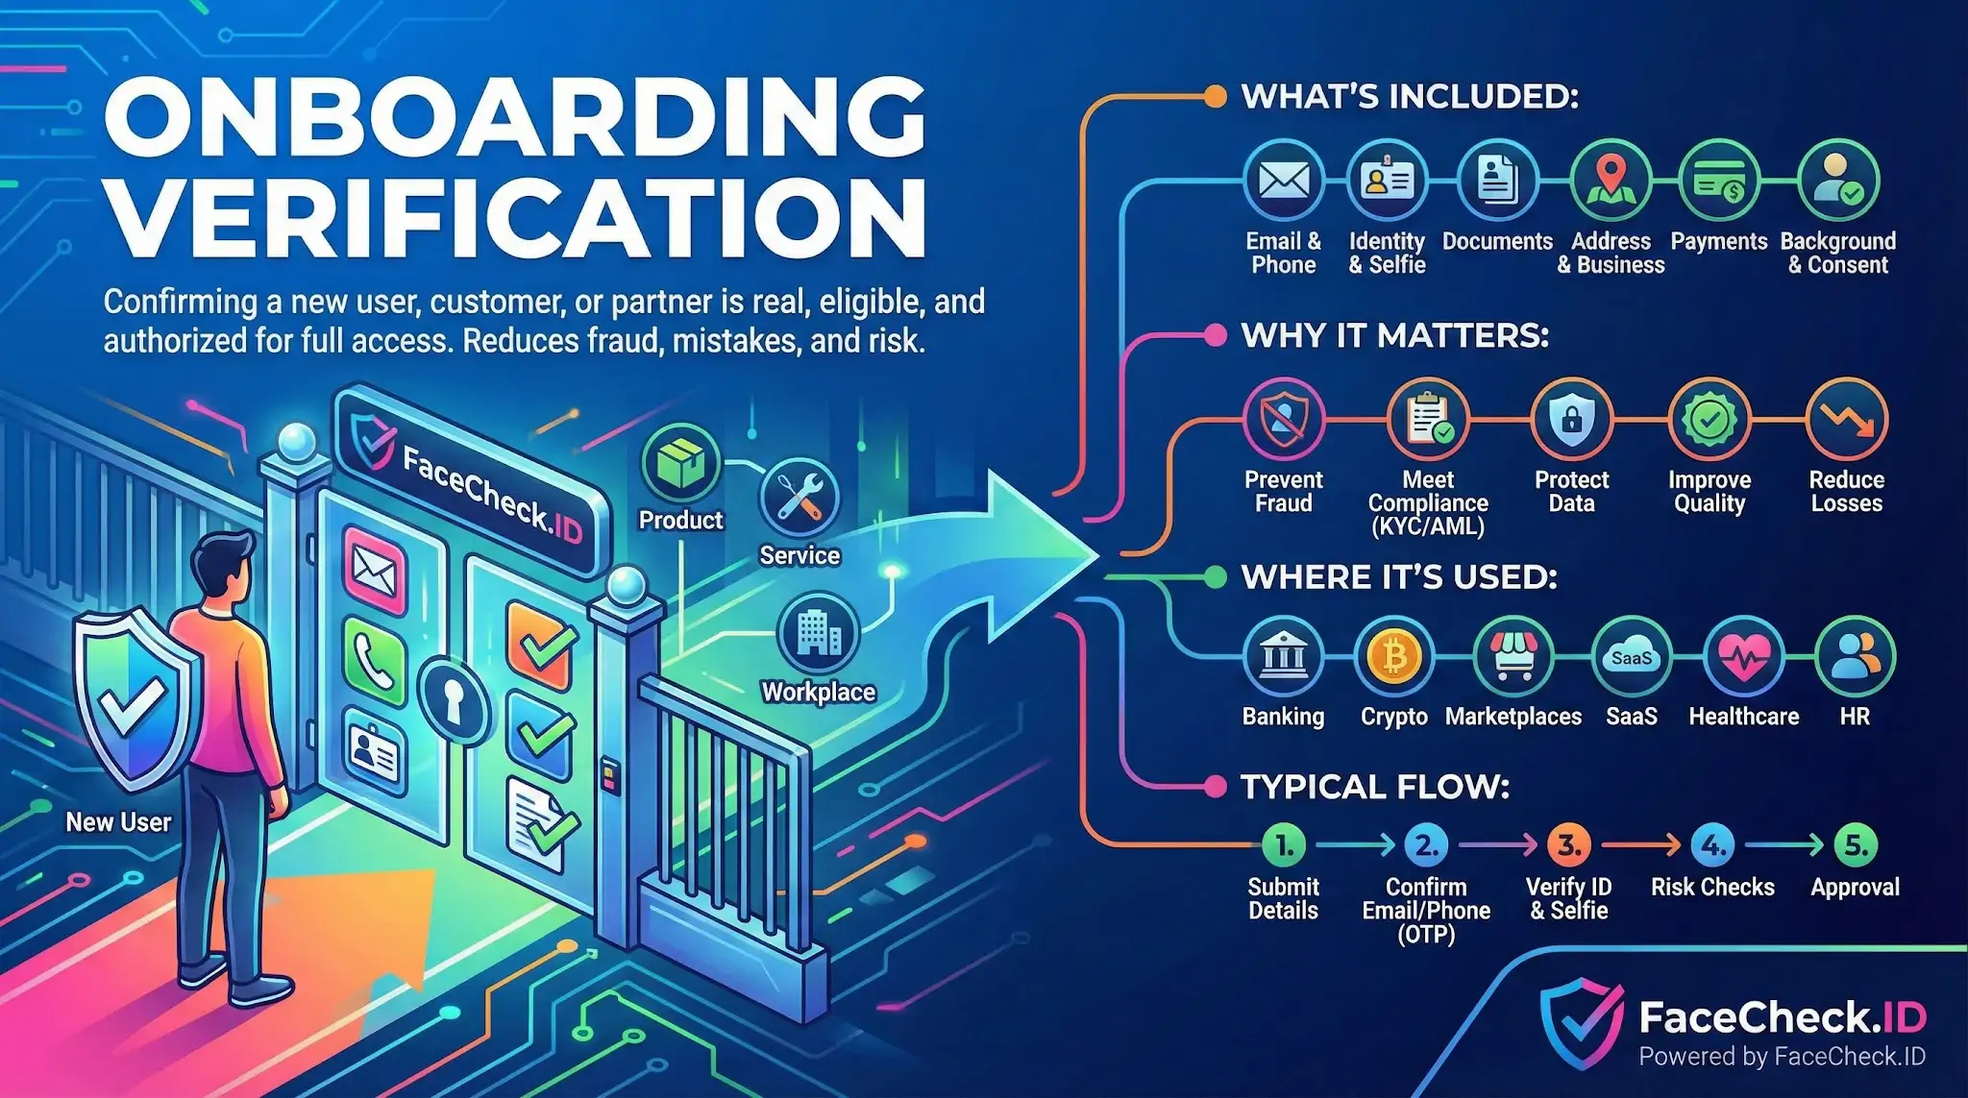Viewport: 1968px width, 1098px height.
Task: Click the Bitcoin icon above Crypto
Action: pyautogui.click(x=1393, y=658)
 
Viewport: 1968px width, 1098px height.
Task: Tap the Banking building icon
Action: pyautogui.click(x=1283, y=658)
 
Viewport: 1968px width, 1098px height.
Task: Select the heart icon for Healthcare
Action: pyautogui.click(x=1743, y=658)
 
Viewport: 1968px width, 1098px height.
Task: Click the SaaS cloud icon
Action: pyautogui.click(x=1632, y=658)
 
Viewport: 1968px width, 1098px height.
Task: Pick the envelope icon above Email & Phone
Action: pyautogui.click(x=1284, y=181)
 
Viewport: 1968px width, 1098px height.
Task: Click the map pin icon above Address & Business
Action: pyautogui.click(x=1611, y=181)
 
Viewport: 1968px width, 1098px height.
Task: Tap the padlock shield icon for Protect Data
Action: pyautogui.click(x=1571, y=419)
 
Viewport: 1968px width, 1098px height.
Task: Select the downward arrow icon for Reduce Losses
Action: pyautogui.click(x=1847, y=419)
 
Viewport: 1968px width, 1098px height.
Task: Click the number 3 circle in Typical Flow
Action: pyautogui.click(x=1569, y=845)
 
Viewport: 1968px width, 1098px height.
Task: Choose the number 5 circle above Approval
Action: pyautogui.click(x=1855, y=845)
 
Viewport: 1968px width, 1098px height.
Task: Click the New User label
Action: pyautogui.click(x=118, y=822)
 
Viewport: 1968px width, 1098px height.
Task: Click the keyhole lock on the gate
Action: pyautogui.click(x=453, y=698)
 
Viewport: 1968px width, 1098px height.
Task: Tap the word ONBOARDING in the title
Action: pyautogui.click(x=515, y=117)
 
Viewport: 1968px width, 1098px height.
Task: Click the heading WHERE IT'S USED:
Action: pyautogui.click(x=1399, y=576)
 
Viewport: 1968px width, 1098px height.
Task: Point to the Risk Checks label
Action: pyautogui.click(x=1712, y=887)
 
